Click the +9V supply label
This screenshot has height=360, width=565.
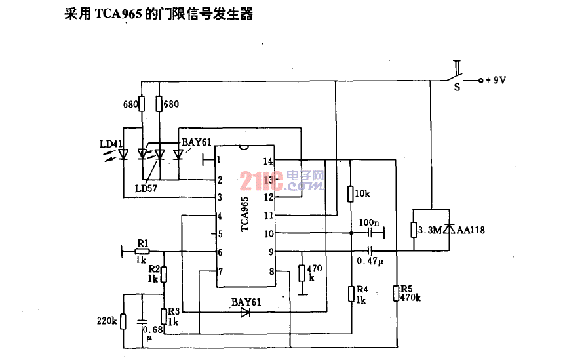pyautogui.click(x=496, y=80)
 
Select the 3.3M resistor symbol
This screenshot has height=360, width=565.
pyautogui.click(x=414, y=230)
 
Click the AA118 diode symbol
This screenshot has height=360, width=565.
pyautogui.click(x=449, y=228)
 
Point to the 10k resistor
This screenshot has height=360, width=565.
pyautogui.click(x=351, y=193)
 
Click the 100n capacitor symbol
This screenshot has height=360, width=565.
pyautogui.click(x=370, y=233)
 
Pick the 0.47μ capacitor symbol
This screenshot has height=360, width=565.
pyautogui.click(x=370, y=251)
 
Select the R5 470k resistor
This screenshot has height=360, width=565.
pyautogui.click(x=397, y=293)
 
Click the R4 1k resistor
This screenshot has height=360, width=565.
pyautogui.click(x=351, y=294)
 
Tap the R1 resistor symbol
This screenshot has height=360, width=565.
pyautogui.click(x=142, y=252)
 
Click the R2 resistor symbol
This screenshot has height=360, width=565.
pyautogui.click(x=164, y=275)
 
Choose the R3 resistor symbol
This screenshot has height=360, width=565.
pyautogui.click(x=164, y=316)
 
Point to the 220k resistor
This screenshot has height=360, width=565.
pyautogui.click(x=123, y=321)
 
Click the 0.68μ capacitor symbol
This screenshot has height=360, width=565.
pyautogui.click(x=142, y=321)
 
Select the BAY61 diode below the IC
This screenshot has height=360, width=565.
pyautogui.click(x=245, y=312)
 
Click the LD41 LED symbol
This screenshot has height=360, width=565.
pyautogui.click(x=123, y=154)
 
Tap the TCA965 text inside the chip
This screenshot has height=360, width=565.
pyautogui.click(x=244, y=214)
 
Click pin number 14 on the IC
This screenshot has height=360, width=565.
pyautogui.click(x=268, y=161)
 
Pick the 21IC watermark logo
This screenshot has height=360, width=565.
pyautogui.click(x=281, y=180)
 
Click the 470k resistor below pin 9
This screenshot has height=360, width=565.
pyautogui.click(x=302, y=273)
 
